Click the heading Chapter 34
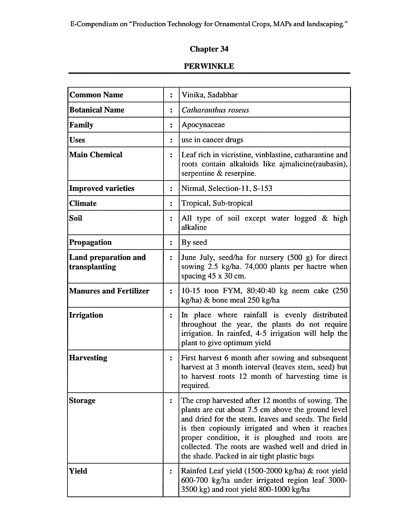[209, 49]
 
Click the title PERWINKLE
[209, 66]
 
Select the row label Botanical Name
[97, 110]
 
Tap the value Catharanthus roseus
[215, 110]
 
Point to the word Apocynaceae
[203, 125]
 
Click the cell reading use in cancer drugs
[212, 140]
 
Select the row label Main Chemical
[96, 155]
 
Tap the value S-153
[262, 188]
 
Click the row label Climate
[83, 203]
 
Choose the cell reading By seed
[194, 242]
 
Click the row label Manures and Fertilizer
[109, 291]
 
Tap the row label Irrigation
[86, 315]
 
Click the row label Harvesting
[88, 358]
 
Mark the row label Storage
[82, 400]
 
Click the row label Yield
[78, 471]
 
